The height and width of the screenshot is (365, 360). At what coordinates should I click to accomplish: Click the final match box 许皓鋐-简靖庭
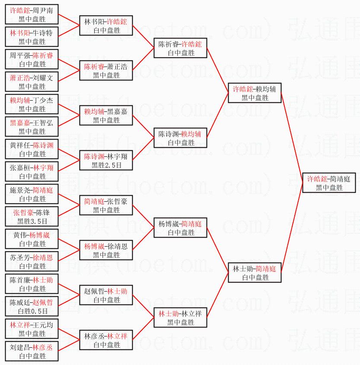[x=329, y=183]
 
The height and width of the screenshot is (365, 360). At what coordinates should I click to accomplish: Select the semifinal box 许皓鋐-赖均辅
[x=255, y=93]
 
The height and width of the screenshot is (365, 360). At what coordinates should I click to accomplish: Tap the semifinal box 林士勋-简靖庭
[x=255, y=273]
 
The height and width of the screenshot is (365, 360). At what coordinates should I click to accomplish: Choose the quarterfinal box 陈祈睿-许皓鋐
[x=180, y=48]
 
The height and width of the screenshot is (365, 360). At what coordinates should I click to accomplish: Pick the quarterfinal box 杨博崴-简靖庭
[x=180, y=228]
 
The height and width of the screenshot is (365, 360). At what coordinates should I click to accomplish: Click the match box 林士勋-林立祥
[x=180, y=317]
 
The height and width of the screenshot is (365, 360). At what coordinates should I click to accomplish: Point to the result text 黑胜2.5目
[x=106, y=165]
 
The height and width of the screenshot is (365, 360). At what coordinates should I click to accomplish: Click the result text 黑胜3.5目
[x=32, y=221]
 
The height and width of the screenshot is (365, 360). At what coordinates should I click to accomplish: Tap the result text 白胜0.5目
[x=32, y=311]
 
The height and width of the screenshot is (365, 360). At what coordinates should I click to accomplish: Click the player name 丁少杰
[x=43, y=100]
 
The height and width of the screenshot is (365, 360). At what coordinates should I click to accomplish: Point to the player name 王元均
[x=43, y=324]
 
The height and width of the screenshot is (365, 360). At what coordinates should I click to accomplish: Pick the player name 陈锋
[x=43, y=212]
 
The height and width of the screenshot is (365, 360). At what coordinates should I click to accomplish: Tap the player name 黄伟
[x=19, y=235]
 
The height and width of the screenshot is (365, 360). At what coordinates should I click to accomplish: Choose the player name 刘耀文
[x=43, y=77]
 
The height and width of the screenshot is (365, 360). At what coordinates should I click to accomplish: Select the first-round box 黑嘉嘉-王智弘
[x=32, y=127]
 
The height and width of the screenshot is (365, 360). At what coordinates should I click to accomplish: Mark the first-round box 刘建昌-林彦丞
[x=32, y=351]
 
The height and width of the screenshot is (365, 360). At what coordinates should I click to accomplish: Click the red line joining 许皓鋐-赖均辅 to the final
[x=292, y=138]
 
